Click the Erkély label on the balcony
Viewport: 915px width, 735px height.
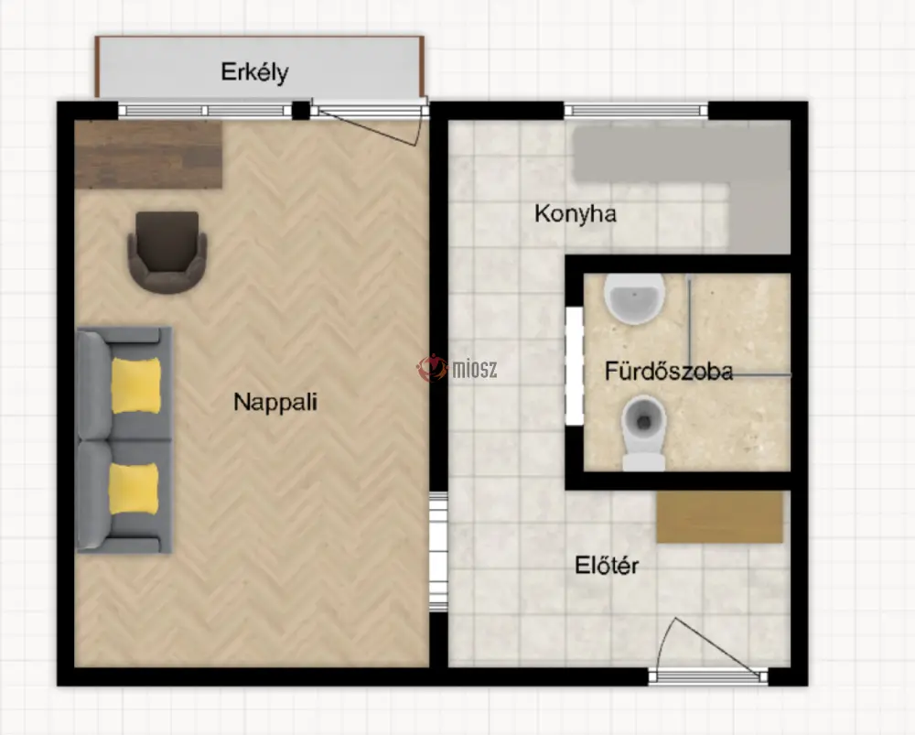254,72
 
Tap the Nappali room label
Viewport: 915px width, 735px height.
275,402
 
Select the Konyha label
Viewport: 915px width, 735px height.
576,213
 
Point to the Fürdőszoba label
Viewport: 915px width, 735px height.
669,372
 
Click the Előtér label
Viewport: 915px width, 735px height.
607,565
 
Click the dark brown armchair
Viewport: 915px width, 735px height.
167,252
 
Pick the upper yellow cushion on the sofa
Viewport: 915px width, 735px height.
136,386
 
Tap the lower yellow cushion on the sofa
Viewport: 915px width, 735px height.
134,489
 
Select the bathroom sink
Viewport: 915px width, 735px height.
634,298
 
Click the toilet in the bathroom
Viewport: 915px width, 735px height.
643,433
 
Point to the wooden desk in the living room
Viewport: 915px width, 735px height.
148,155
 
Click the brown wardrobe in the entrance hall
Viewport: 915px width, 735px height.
719,516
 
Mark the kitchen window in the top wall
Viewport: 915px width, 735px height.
636,111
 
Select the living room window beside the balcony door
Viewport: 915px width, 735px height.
205,111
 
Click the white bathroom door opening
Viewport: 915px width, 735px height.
575,366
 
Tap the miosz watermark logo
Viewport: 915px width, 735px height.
457,368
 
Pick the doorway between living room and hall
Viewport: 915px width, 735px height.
438,552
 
